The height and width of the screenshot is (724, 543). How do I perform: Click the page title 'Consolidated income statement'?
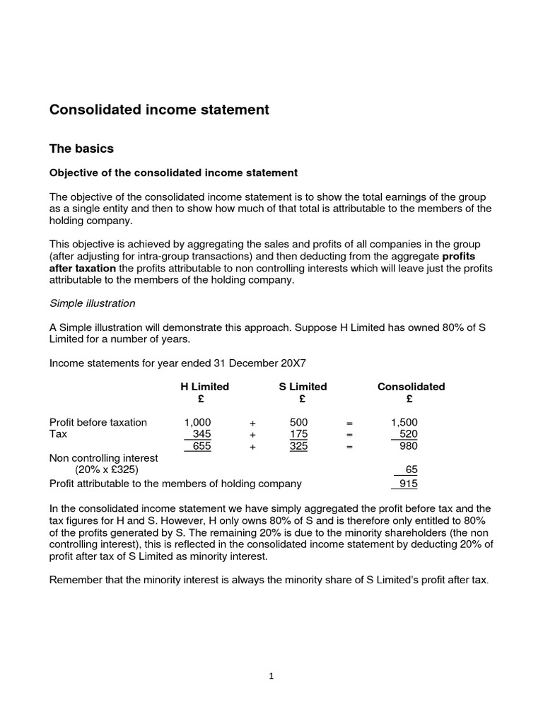[x=159, y=110]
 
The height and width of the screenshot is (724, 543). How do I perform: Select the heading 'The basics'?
[x=81, y=148]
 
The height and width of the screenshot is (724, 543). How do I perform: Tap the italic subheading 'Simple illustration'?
[x=92, y=303]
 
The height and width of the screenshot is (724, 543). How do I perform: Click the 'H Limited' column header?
[x=205, y=387]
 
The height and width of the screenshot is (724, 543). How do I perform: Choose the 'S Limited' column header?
[x=303, y=387]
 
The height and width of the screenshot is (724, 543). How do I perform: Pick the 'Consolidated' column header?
[x=411, y=387]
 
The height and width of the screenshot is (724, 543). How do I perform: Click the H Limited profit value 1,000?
[x=198, y=422]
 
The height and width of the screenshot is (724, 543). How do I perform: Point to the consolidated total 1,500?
[x=404, y=422]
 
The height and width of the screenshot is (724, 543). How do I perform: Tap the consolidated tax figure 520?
[x=408, y=434]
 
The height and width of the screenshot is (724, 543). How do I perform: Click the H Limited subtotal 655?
[x=202, y=446]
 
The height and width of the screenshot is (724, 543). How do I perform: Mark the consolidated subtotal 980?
[x=408, y=446]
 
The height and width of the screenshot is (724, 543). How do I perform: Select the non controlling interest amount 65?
[x=411, y=469]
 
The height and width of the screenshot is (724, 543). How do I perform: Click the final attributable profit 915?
[x=408, y=484]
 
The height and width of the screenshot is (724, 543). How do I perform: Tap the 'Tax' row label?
[x=59, y=434]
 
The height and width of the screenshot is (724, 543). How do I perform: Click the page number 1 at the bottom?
[x=271, y=676]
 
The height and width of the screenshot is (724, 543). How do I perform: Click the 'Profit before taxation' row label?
[x=98, y=422]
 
